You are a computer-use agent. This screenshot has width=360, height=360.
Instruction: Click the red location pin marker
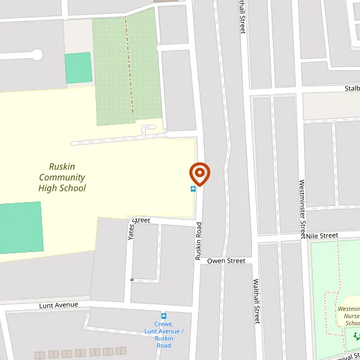[200, 173]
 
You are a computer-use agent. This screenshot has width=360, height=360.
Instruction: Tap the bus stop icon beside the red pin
[193, 189]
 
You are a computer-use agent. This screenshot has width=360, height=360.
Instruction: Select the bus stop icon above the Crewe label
[163, 316]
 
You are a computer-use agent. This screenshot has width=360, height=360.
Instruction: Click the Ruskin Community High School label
[62, 178]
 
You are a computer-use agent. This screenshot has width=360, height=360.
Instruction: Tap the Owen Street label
[226, 261]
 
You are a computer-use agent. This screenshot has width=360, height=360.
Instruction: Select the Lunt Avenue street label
[59, 305]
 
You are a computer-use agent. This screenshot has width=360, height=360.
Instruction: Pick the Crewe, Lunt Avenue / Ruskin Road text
[163, 335]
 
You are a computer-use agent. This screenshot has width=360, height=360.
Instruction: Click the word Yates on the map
[131, 231]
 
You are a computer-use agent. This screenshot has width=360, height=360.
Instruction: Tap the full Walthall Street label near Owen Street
[256, 301]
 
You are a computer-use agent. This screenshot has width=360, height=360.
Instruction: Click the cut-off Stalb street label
[352, 89]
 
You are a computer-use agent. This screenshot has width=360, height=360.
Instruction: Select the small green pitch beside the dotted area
[78, 68]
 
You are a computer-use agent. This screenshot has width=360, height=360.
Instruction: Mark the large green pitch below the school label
[20, 227]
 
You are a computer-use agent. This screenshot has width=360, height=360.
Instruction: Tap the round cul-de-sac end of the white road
[37, 55]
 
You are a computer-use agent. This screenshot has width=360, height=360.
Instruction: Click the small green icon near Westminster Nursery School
[355, 336]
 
